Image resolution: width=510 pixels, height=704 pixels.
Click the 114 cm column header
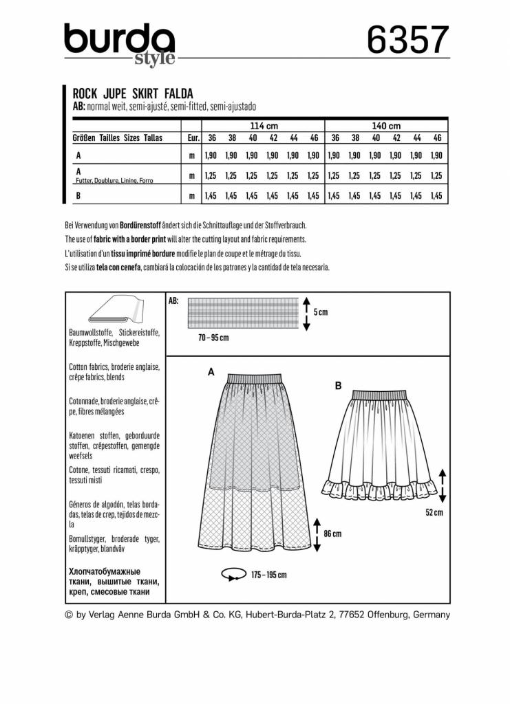click(x=264, y=126)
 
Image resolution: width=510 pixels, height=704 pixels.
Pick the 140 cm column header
click(x=386, y=126)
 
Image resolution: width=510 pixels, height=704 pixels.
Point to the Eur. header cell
click(x=193, y=137)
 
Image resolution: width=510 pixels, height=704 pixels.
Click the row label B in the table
click(x=78, y=196)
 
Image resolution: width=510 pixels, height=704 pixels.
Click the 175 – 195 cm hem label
click(x=268, y=574)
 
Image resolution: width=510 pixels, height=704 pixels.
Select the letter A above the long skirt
click(x=211, y=371)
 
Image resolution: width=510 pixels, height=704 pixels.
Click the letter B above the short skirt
click(x=338, y=386)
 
